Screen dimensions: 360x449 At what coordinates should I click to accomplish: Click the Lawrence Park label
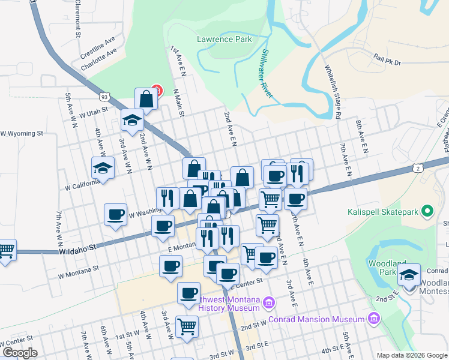point(224,40)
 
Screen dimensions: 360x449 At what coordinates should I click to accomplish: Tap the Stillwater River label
point(266,74)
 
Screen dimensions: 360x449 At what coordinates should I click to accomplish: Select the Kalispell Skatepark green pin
point(427,211)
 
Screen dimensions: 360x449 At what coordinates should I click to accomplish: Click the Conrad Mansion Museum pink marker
point(375,317)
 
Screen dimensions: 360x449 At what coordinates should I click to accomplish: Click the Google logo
point(19,353)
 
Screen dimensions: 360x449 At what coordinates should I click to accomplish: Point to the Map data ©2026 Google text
point(411,355)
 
